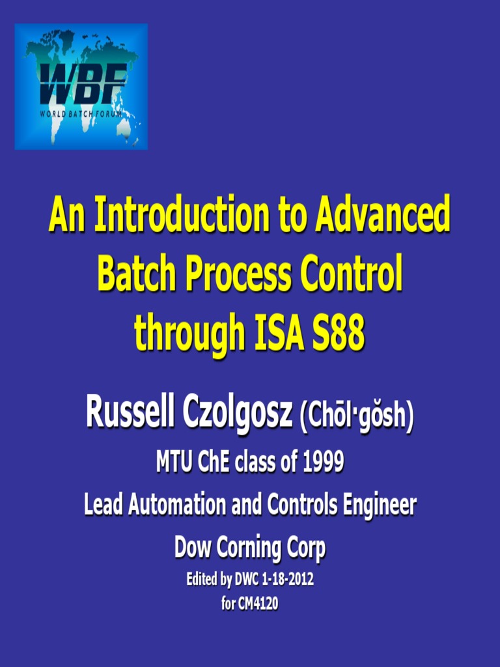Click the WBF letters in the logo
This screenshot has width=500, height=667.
[x=81, y=84]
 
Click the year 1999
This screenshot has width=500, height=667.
[x=323, y=463]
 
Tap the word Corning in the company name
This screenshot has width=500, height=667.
[x=249, y=548]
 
